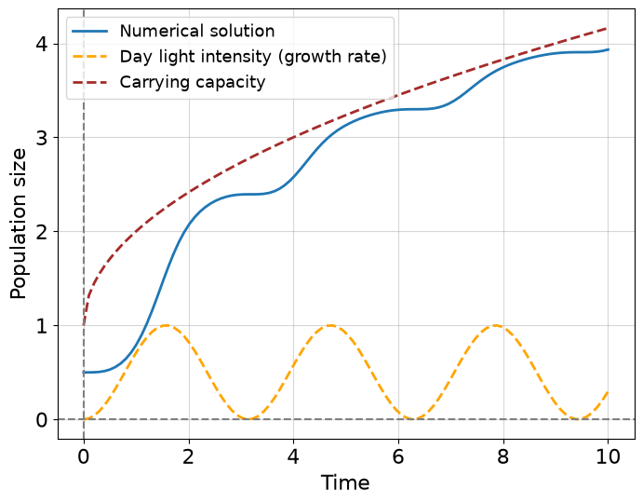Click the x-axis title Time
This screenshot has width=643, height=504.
tap(345, 483)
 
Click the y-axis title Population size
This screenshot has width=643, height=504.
tap(18, 224)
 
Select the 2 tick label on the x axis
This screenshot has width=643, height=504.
tap(188, 456)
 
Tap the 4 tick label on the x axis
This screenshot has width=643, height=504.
tap(293, 456)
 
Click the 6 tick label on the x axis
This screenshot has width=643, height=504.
tap(398, 456)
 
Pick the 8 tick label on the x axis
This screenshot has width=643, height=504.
tap(503, 456)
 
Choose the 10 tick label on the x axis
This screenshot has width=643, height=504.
tap(608, 456)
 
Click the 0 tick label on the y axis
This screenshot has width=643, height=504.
tap(42, 420)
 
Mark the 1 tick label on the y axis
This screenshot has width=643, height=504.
tap(42, 326)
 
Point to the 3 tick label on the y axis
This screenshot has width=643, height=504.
tap(42, 138)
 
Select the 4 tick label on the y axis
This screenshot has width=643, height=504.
tap(42, 44)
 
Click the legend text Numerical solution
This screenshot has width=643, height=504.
tap(197, 31)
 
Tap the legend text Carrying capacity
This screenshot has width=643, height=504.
tap(193, 82)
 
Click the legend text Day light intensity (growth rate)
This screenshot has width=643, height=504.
tap(253, 57)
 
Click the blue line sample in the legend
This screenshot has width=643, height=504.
tap(90, 31)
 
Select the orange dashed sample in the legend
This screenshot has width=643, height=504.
tap(90, 57)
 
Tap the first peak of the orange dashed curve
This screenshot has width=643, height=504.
tap(166, 325)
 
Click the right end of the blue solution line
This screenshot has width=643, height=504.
tap(608, 49)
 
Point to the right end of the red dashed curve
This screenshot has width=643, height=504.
tap(607, 28)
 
